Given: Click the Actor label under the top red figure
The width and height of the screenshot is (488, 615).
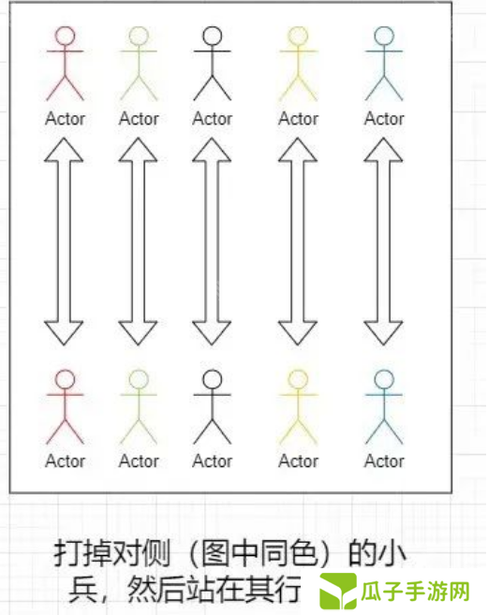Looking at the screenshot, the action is (x=66, y=119).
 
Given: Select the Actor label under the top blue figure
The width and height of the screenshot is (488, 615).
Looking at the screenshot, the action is (x=384, y=119).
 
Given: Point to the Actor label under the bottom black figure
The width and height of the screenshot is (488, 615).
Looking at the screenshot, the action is (x=213, y=461).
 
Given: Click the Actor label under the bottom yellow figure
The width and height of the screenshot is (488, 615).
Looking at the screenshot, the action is (x=298, y=461).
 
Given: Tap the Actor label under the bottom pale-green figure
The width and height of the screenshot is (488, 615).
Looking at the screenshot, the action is (x=139, y=461).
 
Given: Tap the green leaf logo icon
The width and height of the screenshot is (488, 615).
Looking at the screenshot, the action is (x=338, y=591).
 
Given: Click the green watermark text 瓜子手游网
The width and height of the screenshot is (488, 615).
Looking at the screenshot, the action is (x=415, y=592).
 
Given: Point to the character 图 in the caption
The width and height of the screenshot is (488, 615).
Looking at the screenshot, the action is (x=215, y=553).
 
